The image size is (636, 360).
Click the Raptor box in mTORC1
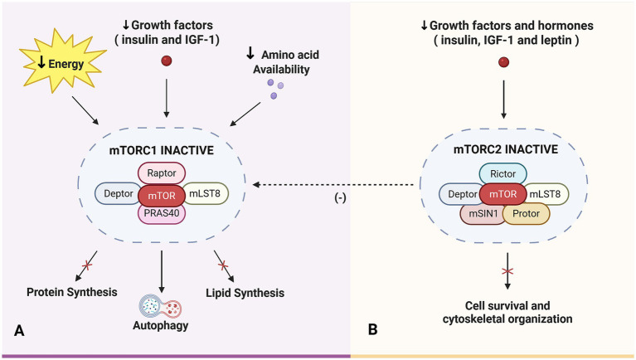pyautogui.click(x=162, y=173)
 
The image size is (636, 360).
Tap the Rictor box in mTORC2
pyautogui.click(x=503, y=174)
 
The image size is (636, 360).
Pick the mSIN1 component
pyautogui.click(x=483, y=214)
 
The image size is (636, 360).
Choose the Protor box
pyautogui.click(x=527, y=214)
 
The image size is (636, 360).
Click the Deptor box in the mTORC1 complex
pyautogui.click(x=118, y=193)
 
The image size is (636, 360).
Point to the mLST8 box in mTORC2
pyautogui.click(x=546, y=194)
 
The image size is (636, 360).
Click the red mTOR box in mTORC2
pyautogui.click(x=503, y=194)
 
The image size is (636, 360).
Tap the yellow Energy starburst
pyautogui.click(x=63, y=61)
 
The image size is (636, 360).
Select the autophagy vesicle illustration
pyautogui.click(x=160, y=307)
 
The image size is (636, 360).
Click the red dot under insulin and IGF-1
pyautogui.click(x=167, y=61)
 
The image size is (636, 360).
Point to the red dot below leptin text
pyautogui.click(x=503, y=62)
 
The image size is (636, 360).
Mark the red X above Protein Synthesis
pyautogui.click(x=87, y=265)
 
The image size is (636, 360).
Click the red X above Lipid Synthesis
pyautogui.click(x=223, y=265)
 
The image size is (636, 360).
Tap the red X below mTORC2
pyautogui.click(x=507, y=271)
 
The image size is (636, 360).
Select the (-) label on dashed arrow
pyautogui.click(x=340, y=198)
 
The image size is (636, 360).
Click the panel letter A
pyautogui.click(x=19, y=330)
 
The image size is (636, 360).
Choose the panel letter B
pyautogui.click(x=373, y=329)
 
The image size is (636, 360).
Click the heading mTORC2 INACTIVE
pyautogui.click(x=505, y=149)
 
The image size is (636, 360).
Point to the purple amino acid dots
pyautogui.click(x=275, y=90)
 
